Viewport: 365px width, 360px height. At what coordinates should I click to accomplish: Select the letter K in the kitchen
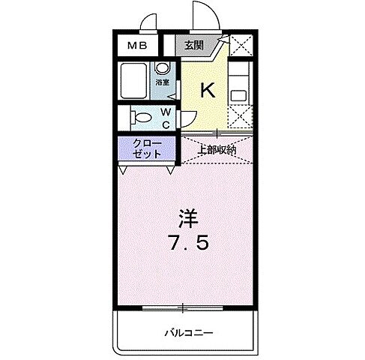point(208,90)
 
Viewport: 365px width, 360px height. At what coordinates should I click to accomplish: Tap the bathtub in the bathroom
point(136,82)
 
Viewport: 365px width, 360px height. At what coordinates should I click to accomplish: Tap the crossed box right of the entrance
point(241,46)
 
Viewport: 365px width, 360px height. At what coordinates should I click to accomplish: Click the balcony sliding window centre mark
point(182,306)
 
